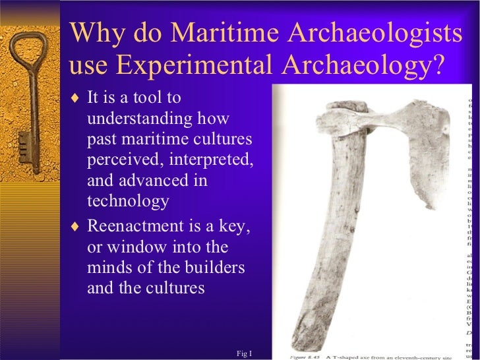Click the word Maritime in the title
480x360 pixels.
[218, 33]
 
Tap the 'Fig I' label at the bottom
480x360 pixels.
[244, 354]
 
